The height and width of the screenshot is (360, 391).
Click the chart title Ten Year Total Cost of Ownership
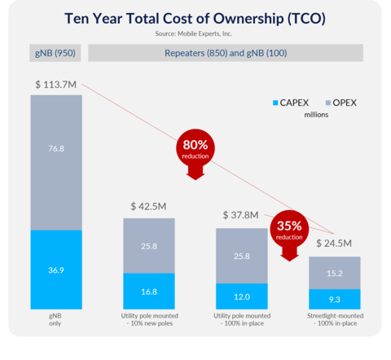point(195,18)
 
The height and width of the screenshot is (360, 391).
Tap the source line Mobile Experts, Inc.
point(195,34)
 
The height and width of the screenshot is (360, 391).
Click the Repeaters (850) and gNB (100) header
point(226,54)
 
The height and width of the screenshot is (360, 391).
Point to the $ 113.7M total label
point(57,85)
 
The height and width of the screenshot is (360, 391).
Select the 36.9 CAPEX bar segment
point(57,270)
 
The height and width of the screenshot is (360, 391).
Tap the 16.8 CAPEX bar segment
point(149,291)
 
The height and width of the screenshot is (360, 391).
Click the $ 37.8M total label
point(241,216)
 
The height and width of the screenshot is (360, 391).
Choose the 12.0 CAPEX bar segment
point(241,296)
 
